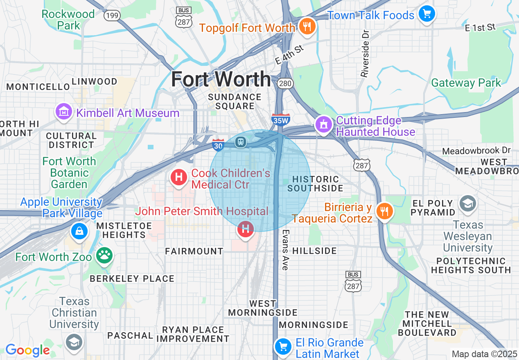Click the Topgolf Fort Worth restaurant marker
click(306, 27)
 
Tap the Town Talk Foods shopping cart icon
click(427, 14)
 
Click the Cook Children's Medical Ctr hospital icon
click(179, 178)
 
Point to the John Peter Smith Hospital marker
click(245, 229)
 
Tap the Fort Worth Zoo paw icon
click(104, 256)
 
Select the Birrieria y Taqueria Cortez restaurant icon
click(384, 211)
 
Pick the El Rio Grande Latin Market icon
click(282, 347)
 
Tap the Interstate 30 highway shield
click(218, 144)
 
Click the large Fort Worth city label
click(221, 79)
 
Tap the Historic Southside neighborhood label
click(315, 184)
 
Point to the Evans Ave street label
click(285, 250)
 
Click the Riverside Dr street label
click(365, 53)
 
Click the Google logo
click(27, 350)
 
